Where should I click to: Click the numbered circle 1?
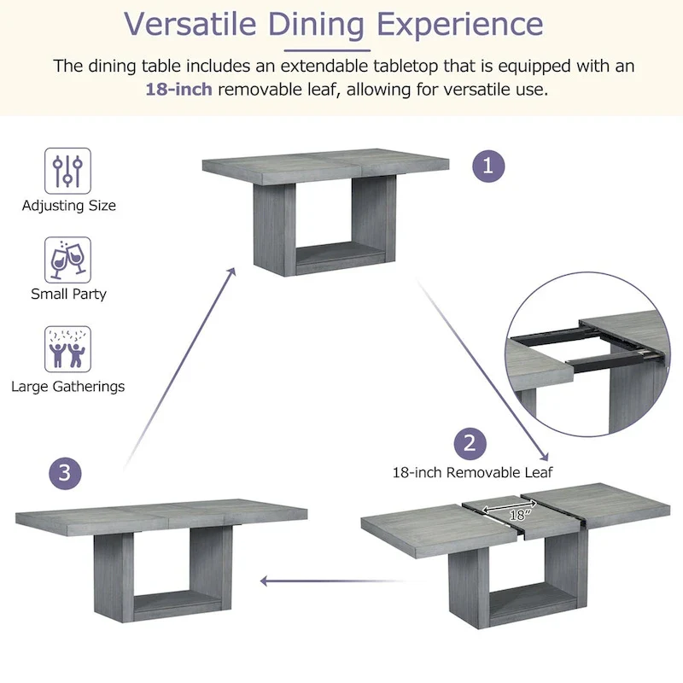pyautogui.click(x=488, y=166)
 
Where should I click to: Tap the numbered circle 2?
pyautogui.click(x=470, y=443)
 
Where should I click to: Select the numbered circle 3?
pyautogui.click(x=66, y=473)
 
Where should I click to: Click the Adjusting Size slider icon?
pyautogui.click(x=67, y=170)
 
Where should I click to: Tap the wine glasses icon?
pyautogui.click(x=67, y=260)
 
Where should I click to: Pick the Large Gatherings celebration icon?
pyautogui.click(x=67, y=349)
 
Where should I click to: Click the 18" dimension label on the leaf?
pyautogui.click(x=517, y=514)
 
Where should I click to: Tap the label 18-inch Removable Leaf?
pyautogui.click(x=472, y=472)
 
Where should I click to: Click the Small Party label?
pyautogui.click(x=68, y=294)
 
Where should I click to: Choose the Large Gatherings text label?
pyautogui.click(x=67, y=386)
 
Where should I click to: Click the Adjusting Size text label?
pyautogui.click(x=68, y=205)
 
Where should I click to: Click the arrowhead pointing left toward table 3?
pyautogui.click(x=265, y=581)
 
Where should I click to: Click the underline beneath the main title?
pyautogui.click(x=334, y=50)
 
